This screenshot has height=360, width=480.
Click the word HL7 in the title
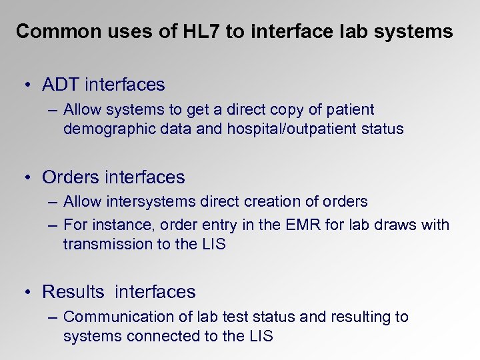(x=199, y=32)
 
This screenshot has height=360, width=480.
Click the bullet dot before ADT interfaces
(x=25, y=85)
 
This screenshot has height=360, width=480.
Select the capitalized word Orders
(x=71, y=177)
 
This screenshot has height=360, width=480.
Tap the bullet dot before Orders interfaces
(x=25, y=177)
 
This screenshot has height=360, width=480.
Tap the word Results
(x=73, y=291)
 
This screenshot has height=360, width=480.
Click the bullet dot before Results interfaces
(x=25, y=292)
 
